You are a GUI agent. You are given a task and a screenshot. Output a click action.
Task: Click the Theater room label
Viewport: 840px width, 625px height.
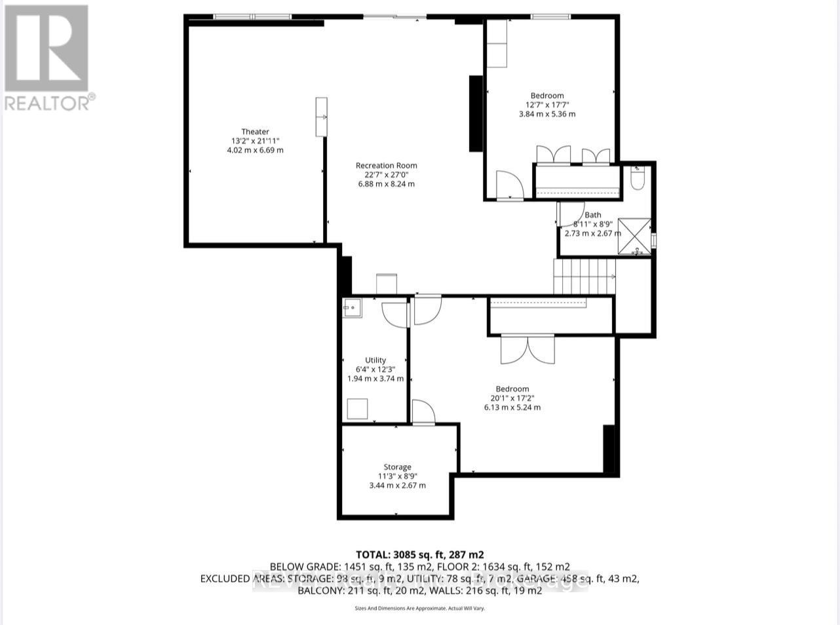coord(255,132)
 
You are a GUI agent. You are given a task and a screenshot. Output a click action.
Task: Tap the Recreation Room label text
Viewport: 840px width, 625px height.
coord(386,166)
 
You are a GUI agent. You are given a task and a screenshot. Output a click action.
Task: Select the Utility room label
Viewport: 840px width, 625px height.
coord(375,360)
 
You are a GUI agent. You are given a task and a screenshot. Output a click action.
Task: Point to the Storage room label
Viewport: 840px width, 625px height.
coord(397,467)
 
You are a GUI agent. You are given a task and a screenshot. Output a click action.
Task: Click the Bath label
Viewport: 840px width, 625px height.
coord(592,215)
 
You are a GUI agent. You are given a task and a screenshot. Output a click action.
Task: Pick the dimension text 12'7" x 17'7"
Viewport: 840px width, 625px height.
coord(546,105)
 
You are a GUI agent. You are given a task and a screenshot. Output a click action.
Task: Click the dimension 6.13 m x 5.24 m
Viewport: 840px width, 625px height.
coord(512,407)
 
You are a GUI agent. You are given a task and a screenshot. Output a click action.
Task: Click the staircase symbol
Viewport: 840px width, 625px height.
coord(584,276)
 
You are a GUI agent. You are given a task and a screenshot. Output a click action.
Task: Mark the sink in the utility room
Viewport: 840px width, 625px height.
coord(352,307)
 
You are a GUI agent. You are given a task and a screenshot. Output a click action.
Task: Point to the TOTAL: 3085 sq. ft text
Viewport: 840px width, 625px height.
coord(419,554)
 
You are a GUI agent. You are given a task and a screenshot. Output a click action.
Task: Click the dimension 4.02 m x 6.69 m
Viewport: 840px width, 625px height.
coord(255,150)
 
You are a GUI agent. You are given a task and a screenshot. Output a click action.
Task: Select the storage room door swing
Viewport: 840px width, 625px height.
coord(423,413)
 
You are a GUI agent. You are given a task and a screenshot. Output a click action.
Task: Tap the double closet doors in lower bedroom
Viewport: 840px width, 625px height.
coord(527,349)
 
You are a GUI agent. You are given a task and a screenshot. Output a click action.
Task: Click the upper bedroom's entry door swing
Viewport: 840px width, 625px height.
coord(509,185)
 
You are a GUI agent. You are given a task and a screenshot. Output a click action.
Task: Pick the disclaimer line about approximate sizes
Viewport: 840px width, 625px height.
coord(419,609)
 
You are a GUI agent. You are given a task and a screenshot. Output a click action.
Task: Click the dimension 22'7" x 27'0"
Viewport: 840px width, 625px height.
coord(386,175)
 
